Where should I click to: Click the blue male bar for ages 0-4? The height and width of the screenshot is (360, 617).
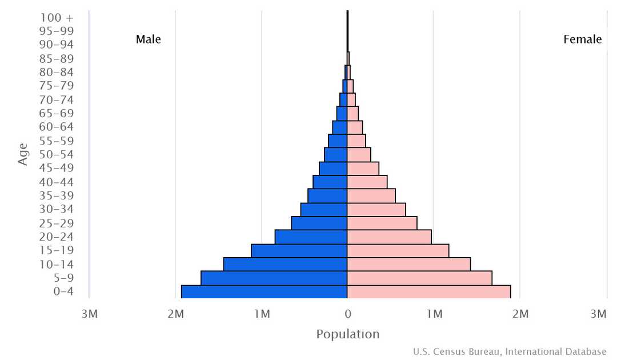pyautogui.click(x=264, y=291)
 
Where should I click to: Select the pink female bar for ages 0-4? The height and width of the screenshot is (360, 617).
pyautogui.click(x=428, y=291)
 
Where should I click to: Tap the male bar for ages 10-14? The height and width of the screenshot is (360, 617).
pyautogui.click(x=285, y=264)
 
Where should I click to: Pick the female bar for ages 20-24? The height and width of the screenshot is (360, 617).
pyautogui.click(x=389, y=237)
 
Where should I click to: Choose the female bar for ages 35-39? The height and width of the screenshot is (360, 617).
pyautogui.click(x=371, y=195)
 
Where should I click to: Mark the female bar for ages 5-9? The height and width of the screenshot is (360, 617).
pyautogui.click(x=419, y=278)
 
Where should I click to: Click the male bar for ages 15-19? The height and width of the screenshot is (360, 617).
pyautogui.click(x=299, y=250)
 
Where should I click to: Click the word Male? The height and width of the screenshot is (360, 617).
pyautogui.click(x=149, y=39)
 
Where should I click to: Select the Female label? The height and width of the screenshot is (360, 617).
pyautogui.click(x=582, y=39)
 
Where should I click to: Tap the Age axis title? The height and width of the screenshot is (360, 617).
pyautogui.click(x=23, y=154)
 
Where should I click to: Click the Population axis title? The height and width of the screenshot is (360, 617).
pyautogui.click(x=347, y=334)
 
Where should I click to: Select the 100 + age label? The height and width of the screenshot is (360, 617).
pyautogui.click(x=57, y=17)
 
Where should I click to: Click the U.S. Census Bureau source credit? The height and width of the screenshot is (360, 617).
pyautogui.click(x=510, y=351)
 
